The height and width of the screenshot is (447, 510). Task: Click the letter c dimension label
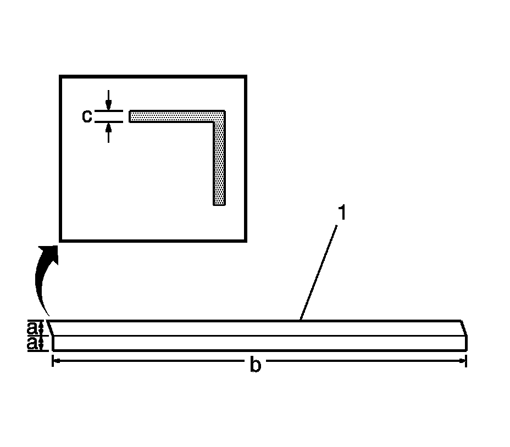coord(87,116)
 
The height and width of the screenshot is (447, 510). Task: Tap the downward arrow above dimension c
coord(109,101)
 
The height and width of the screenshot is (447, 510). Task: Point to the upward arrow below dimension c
coord(109,132)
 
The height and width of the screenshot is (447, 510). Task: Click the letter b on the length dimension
coord(255,365)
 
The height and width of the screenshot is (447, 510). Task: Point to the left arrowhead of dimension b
coord(56,361)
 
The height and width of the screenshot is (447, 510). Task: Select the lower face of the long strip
coord(258,343)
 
